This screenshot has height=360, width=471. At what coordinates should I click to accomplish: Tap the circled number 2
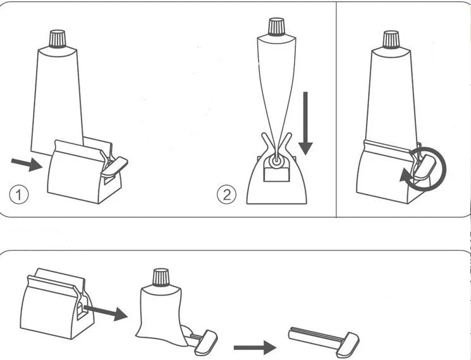pyautogui.click(x=226, y=194)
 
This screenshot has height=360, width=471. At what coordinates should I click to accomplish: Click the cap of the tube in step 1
pyautogui.click(x=58, y=39)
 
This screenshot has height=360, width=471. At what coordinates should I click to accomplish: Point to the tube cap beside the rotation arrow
pyautogui.click(x=391, y=39)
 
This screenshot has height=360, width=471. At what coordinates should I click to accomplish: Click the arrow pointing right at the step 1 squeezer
pyautogui.click(x=26, y=164)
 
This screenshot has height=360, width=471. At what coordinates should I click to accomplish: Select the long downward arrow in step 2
pyautogui.click(x=305, y=123)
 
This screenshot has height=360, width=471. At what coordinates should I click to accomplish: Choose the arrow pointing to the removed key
pyautogui.click(x=254, y=347)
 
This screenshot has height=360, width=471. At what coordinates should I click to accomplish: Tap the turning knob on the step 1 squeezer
pyautogui.click(x=113, y=164)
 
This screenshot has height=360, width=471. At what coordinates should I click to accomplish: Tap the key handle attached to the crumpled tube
pyautogui.click(x=204, y=341)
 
